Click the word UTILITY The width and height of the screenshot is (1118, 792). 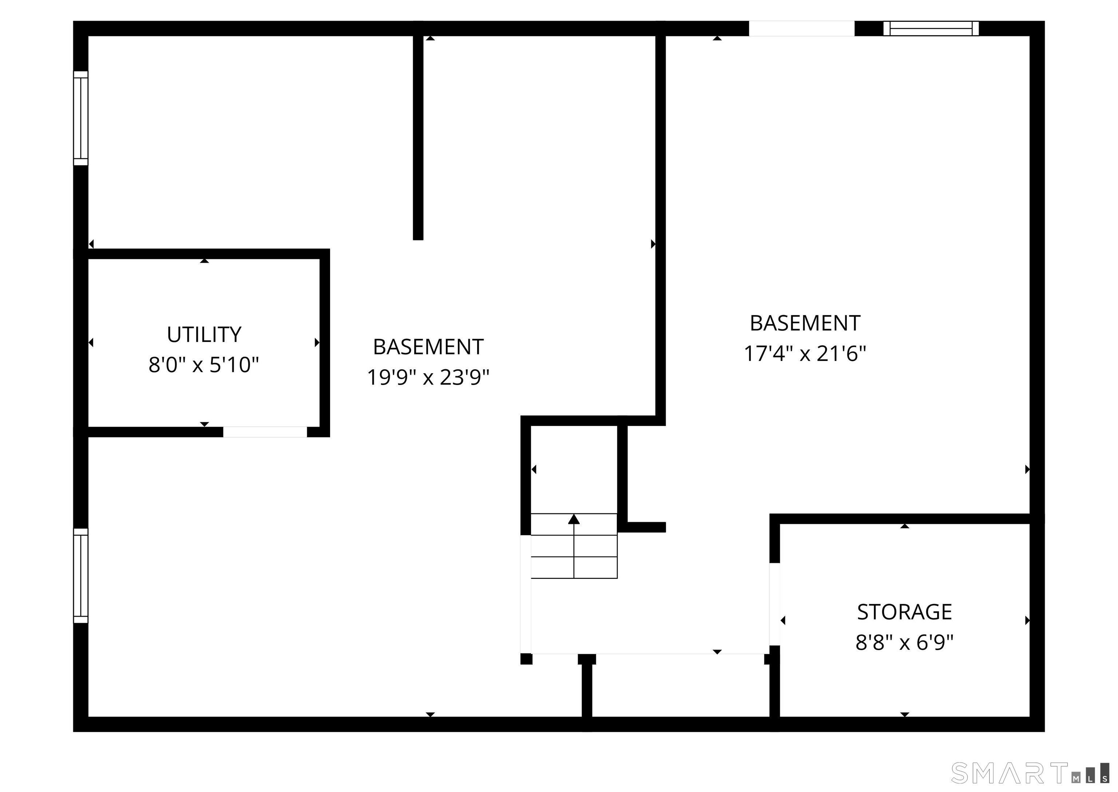coord(204,335)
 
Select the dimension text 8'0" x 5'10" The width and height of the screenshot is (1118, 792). coord(203,365)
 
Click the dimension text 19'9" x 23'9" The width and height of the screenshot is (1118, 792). coord(428,377)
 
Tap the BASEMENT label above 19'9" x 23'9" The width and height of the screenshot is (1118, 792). coord(428,347)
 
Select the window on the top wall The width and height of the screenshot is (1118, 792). coord(931,28)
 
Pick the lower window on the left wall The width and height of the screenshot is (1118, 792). coord(80,576)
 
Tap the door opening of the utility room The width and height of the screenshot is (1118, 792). coord(265,431)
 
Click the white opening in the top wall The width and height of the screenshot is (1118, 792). coord(801,28)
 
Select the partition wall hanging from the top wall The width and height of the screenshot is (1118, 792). coord(418,136)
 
